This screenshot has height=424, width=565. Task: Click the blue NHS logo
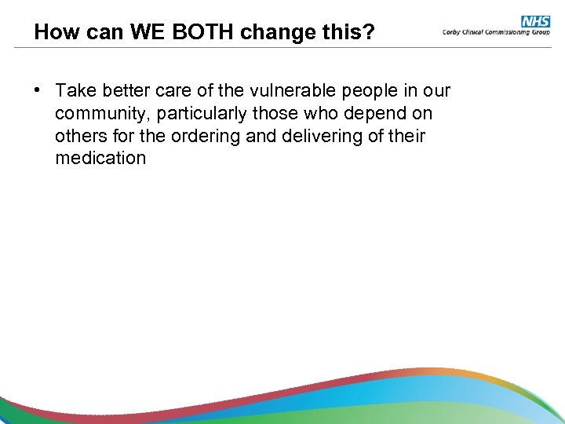[x=535, y=21]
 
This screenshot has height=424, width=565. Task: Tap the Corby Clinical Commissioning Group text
[x=495, y=32]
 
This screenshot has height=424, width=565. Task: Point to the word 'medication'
[x=100, y=158]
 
